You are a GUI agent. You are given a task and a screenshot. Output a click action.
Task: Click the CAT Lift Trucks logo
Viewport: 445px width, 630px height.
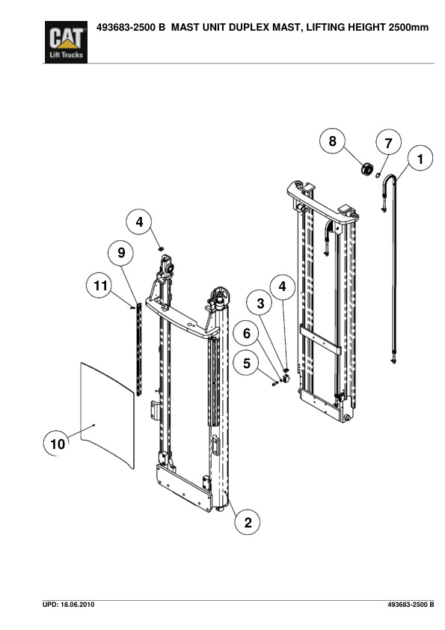tap(66, 42)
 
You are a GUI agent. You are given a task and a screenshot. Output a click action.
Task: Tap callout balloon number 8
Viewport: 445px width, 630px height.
tap(332, 141)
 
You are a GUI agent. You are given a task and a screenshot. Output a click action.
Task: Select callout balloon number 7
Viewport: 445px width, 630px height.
tap(388, 143)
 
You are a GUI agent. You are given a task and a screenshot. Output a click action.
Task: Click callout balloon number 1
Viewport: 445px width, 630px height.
tap(420, 159)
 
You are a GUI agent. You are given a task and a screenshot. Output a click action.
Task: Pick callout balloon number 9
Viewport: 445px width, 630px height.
tap(121, 253)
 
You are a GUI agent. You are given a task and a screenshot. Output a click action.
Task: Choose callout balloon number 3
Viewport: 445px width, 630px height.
tap(260, 303)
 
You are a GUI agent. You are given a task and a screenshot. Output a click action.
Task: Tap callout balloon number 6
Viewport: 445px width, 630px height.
tap(247, 333)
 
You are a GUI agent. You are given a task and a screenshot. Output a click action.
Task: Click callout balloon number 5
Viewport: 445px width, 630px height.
tap(247, 363)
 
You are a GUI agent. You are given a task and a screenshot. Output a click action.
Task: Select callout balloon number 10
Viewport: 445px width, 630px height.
tap(57, 443)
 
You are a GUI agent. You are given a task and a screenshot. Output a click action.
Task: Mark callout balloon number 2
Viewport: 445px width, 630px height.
tap(248, 522)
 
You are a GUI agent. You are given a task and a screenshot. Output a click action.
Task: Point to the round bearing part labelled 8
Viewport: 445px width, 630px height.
tap(366, 169)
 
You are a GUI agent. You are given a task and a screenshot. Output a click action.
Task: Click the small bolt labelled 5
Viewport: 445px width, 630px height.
tap(275, 384)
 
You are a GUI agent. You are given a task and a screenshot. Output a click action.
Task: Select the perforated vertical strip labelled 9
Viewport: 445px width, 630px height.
tap(139, 349)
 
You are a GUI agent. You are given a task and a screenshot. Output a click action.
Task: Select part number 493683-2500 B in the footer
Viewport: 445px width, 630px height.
tap(411, 605)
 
